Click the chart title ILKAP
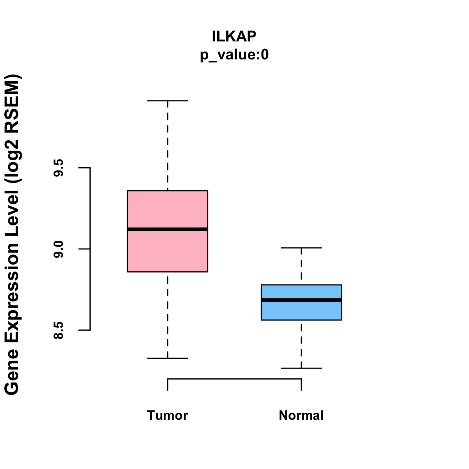(234, 36)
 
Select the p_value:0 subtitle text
(234, 55)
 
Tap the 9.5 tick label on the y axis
(59, 168)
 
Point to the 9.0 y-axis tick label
(59, 249)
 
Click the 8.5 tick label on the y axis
(59, 331)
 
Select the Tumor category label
(167, 415)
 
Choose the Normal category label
(301, 415)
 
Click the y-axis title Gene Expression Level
(12, 234)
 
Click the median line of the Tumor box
(167, 229)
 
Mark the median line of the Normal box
(301, 300)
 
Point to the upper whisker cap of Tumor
(167, 100)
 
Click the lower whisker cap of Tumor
(167, 358)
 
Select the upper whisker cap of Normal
(301, 248)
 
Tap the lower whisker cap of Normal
(301, 368)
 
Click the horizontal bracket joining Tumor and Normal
(234, 379)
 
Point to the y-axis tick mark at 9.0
(84, 249)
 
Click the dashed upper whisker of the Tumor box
(167, 145)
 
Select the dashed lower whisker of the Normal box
(301, 344)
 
